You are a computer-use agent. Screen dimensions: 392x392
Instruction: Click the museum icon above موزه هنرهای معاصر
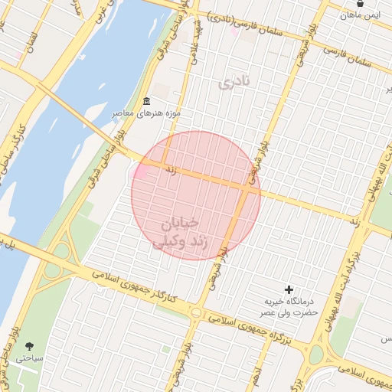146,102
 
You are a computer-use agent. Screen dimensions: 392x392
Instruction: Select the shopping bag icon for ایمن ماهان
359,4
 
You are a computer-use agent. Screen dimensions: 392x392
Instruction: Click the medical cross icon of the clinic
289,289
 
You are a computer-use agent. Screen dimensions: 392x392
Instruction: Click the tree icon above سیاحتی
29,346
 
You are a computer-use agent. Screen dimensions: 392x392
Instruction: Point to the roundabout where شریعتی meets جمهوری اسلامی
198,312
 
